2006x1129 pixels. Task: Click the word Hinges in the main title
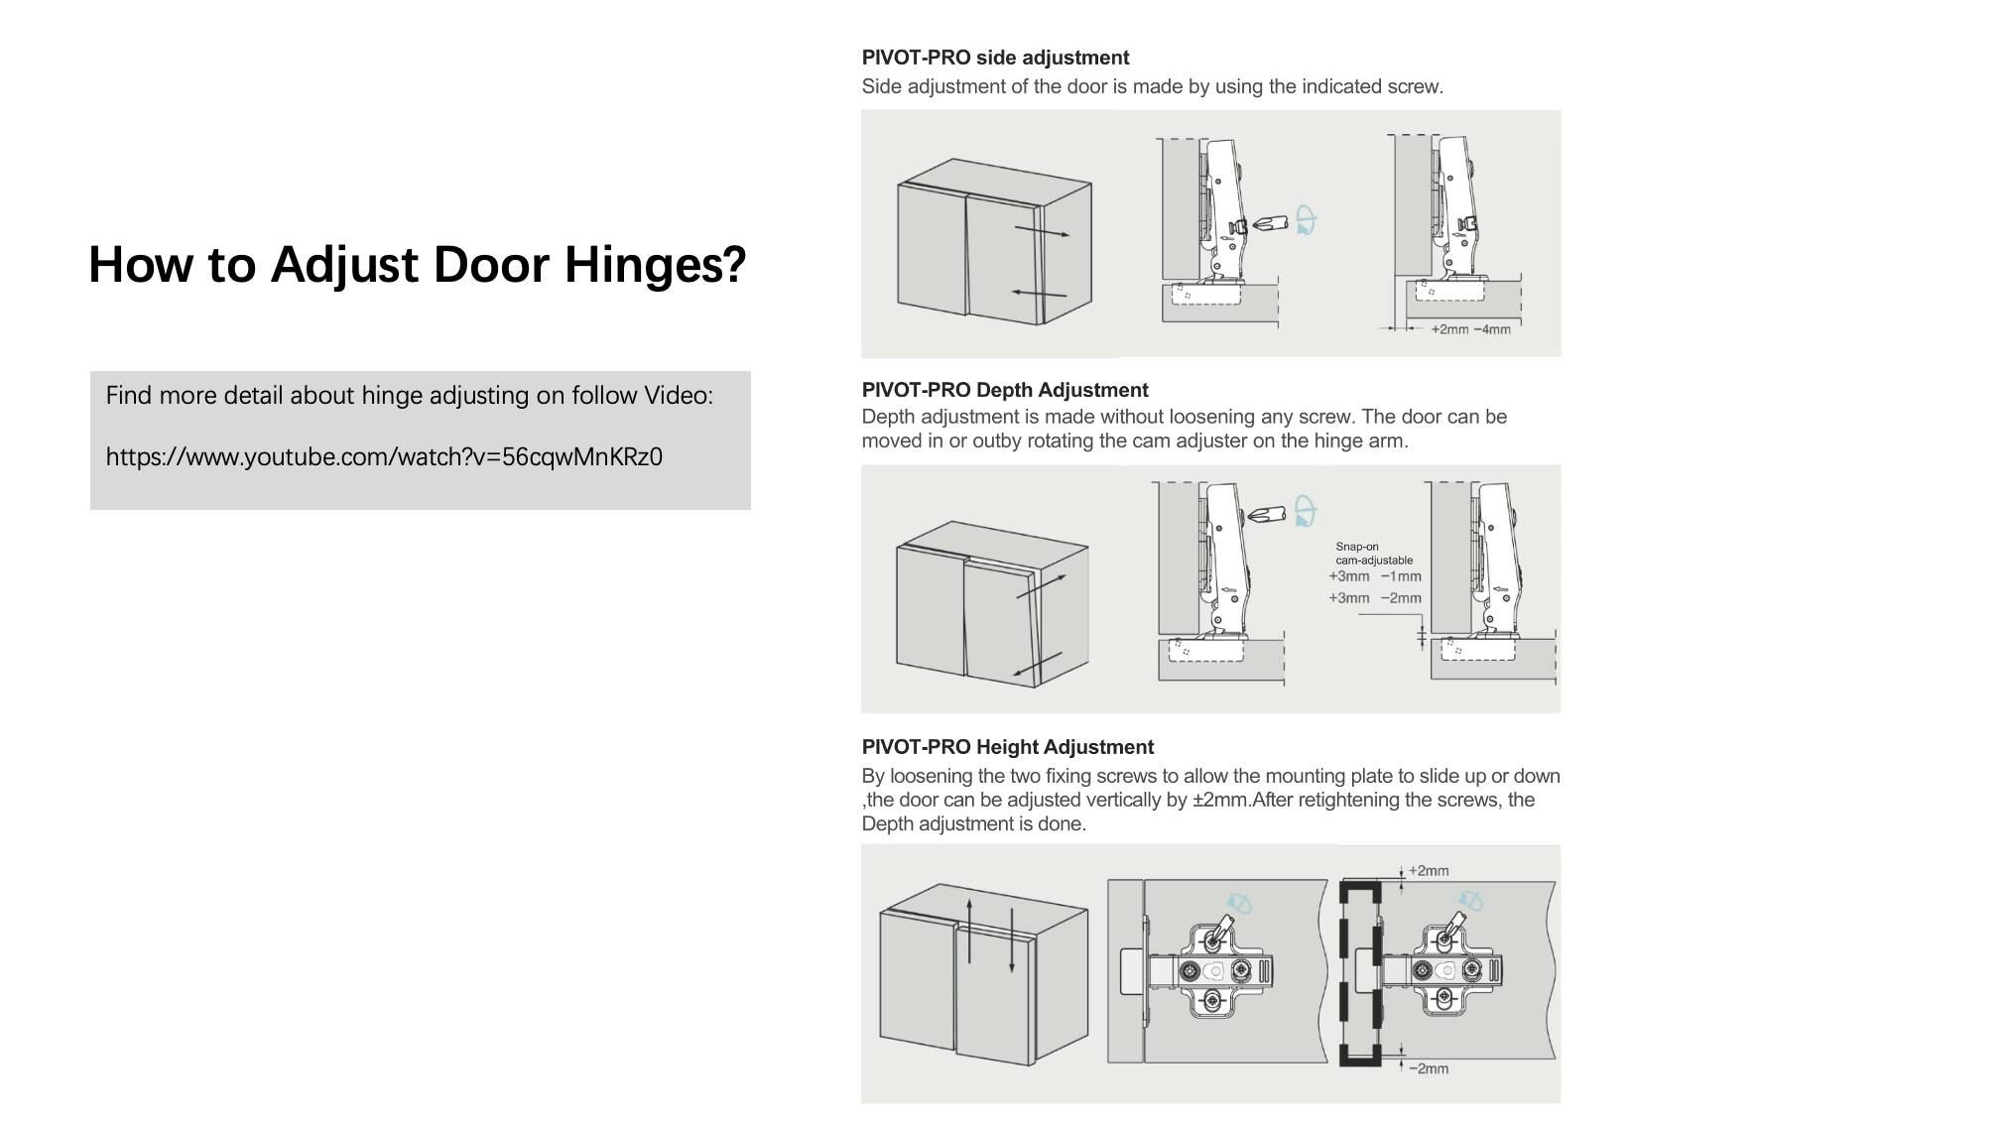pos(654,265)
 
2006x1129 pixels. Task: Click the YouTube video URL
pos(384,457)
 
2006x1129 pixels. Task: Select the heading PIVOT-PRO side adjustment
pos(995,58)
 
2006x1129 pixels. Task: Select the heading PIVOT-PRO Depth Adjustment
pos(1004,390)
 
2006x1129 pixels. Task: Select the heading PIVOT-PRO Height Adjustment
pos(1007,747)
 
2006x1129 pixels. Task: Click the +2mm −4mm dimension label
pos(1469,329)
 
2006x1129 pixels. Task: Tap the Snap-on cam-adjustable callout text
pos(1373,554)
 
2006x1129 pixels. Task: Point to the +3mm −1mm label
pos(1374,576)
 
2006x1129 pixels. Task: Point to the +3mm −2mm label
pos(1374,598)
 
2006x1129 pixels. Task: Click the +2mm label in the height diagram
pos(1428,871)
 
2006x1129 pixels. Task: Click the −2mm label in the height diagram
pos(1428,1068)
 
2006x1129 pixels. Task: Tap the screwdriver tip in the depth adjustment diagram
pos(1255,515)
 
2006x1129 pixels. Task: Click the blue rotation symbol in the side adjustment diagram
pos(1306,220)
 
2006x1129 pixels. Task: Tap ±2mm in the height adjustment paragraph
pos(1220,800)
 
